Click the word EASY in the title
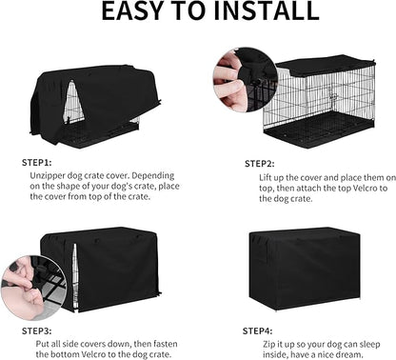coord(124,11)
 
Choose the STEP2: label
coord(262,163)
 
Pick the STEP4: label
coord(262,330)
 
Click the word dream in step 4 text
coord(359,354)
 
